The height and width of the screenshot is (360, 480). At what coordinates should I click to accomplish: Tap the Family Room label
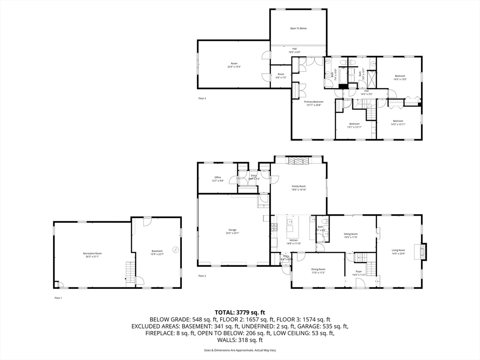click(299, 187)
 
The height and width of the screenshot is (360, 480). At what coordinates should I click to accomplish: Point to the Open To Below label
click(298, 29)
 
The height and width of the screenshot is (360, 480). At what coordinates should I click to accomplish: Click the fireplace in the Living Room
click(424, 251)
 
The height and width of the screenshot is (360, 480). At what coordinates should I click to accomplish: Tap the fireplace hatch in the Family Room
click(299, 161)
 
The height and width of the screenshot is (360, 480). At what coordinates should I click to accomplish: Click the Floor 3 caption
click(202, 98)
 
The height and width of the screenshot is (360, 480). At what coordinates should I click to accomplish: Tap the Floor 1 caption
click(58, 298)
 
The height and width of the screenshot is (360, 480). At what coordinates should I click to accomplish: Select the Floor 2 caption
click(202, 276)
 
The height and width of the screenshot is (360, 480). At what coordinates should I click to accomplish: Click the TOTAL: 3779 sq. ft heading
click(240, 312)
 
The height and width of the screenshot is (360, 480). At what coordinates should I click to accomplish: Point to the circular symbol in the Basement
click(175, 249)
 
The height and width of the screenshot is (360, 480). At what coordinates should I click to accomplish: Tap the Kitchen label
click(293, 241)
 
